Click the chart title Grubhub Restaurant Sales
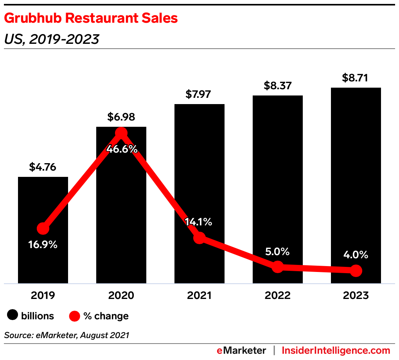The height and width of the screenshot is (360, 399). [91, 18]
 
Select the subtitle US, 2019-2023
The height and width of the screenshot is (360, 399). [51, 39]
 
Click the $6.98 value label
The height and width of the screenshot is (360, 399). [121, 117]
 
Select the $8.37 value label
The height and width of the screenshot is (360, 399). [277, 85]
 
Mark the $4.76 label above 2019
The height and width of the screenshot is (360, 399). [43, 167]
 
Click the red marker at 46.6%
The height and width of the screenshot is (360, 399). [121, 133]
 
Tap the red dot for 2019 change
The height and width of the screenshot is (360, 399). [43, 229]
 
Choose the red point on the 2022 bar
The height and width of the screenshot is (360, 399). [277, 267]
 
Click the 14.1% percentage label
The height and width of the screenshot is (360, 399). [199, 222]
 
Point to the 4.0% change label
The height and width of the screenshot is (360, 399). [355, 255]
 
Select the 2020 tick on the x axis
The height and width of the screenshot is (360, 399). [121, 295]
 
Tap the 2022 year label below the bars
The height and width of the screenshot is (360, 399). [277, 295]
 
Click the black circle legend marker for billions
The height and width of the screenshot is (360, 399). [13, 315]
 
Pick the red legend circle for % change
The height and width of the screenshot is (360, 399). [75, 315]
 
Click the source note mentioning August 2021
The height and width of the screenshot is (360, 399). [66, 335]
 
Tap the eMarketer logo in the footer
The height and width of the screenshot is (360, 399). [241, 350]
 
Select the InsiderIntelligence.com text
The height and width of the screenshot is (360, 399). [336, 350]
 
